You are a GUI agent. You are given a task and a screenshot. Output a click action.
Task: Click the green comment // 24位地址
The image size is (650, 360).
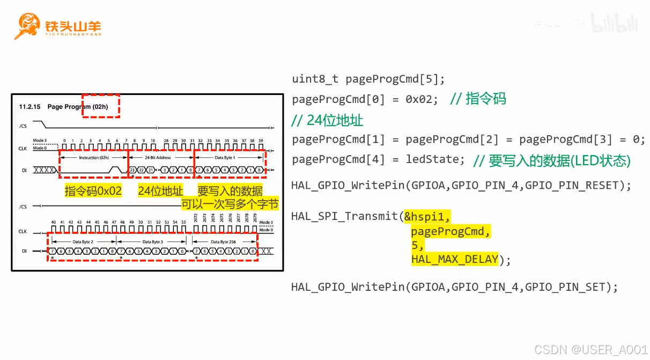point(327,120)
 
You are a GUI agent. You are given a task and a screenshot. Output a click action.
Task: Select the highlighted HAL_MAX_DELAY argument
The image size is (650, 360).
point(455,260)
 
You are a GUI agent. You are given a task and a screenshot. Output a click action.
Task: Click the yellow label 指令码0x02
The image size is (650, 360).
point(93,191)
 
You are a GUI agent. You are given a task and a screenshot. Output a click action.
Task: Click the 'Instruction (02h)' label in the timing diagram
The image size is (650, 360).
point(94,158)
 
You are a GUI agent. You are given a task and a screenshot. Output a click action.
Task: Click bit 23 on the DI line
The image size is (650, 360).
point(132,170)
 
